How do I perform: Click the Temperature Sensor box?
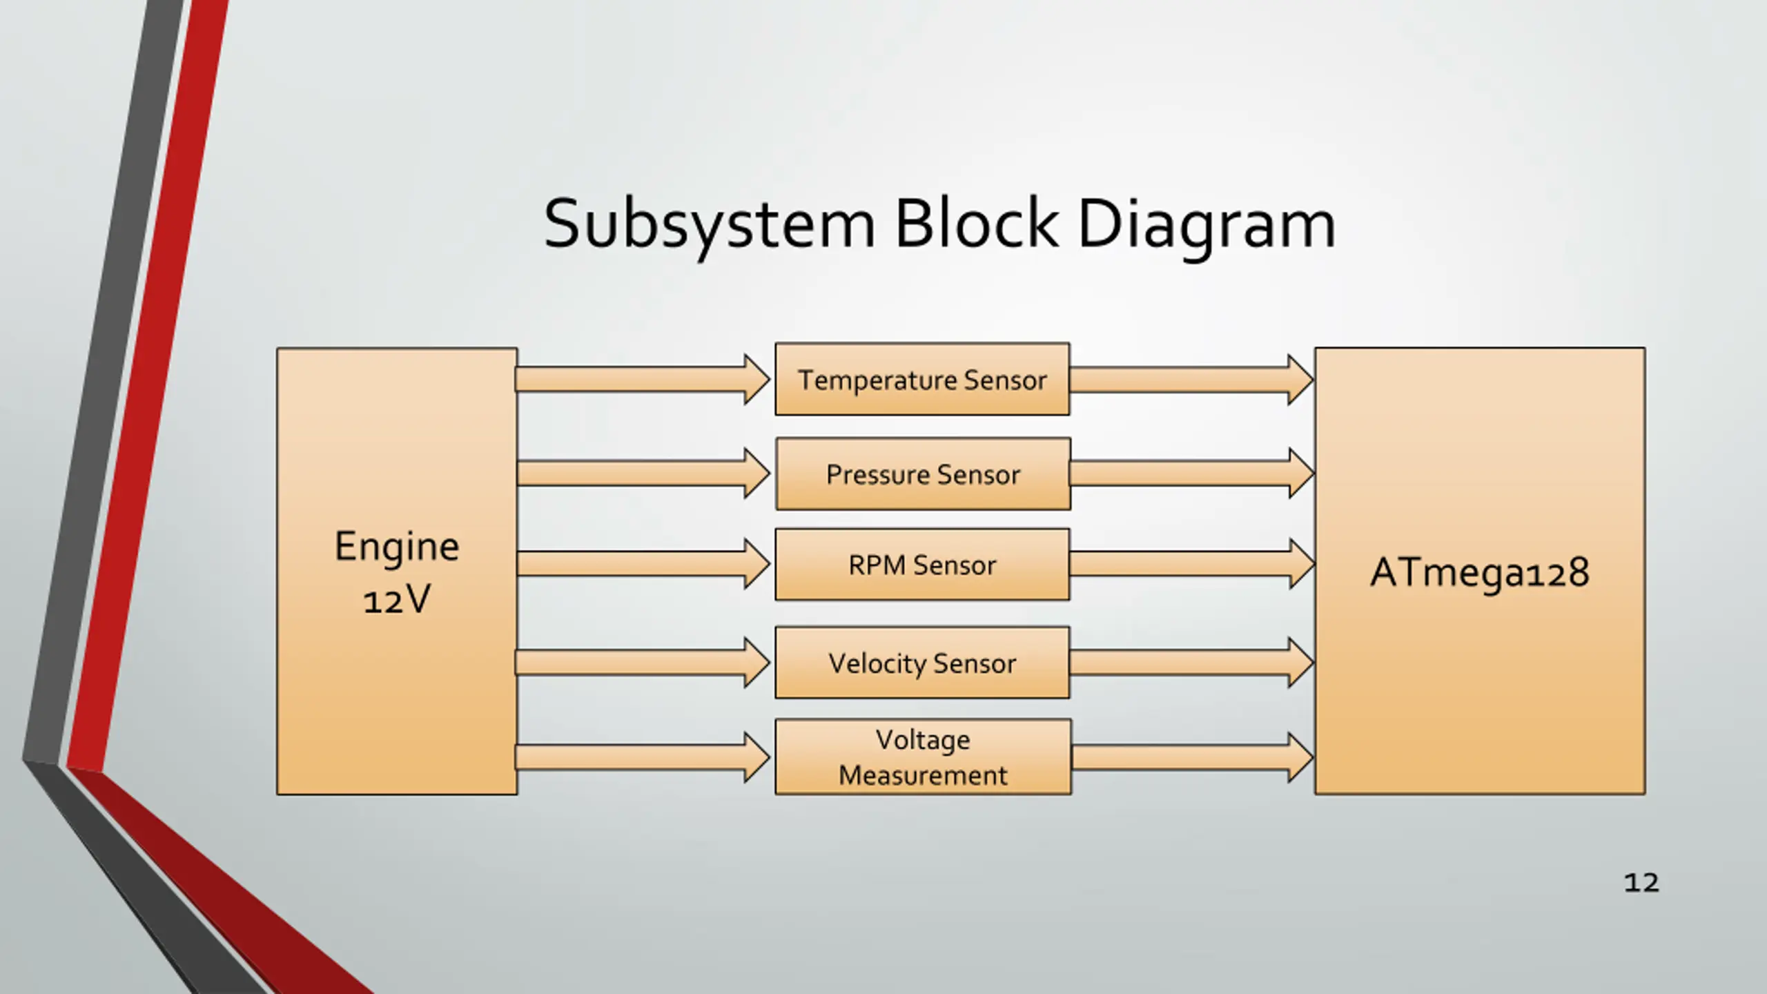[x=922, y=379]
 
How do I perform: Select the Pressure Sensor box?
[x=924, y=474]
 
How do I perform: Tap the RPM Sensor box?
[x=922, y=565]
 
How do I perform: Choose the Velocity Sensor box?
[x=922, y=663]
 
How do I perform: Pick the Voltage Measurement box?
[x=924, y=757]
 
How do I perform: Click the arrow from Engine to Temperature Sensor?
[x=643, y=380]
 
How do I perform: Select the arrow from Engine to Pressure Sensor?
[x=643, y=473]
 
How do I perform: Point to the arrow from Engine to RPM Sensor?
[x=643, y=564]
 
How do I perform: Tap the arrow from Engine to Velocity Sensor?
[x=643, y=663]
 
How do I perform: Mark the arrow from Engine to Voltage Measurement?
[x=643, y=757]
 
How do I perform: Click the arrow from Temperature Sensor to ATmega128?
[x=1191, y=380]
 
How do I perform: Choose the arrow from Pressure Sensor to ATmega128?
[x=1192, y=473]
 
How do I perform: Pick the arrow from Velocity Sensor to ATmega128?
[x=1191, y=663]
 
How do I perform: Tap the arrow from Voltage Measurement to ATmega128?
[x=1192, y=757]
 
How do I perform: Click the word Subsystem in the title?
[x=710, y=225]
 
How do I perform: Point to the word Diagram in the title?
[x=1207, y=225]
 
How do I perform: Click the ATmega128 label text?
[x=1480, y=573]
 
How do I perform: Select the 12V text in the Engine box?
[x=397, y=598]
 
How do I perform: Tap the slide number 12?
[x=1641, y=883]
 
